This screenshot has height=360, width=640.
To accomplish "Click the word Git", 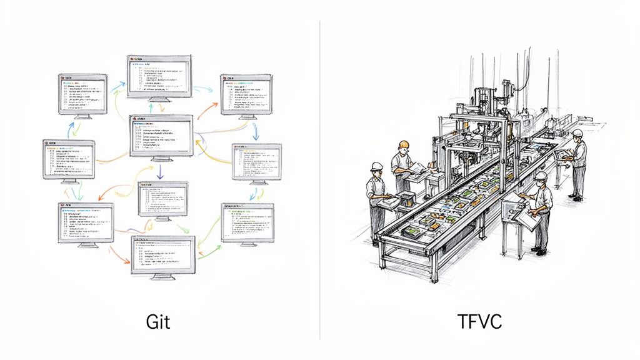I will point(158,322).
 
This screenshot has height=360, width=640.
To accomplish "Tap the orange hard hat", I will point(403,144).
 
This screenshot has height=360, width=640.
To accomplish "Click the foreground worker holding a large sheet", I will point(541,209).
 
